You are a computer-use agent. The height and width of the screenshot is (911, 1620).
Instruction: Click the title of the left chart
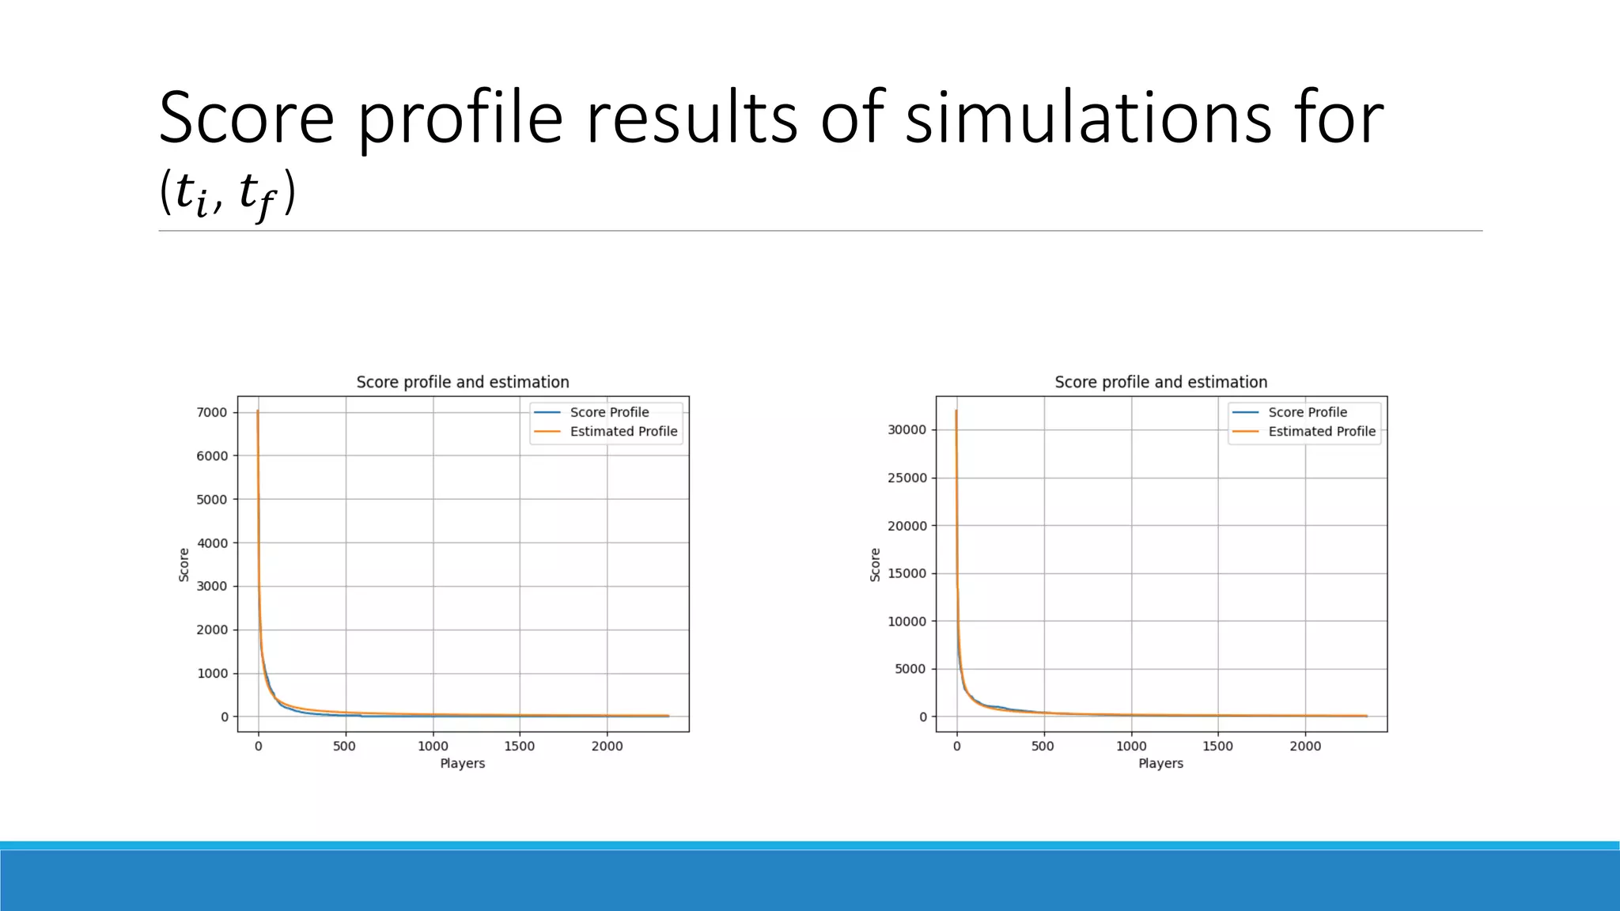click(x=463, y=382)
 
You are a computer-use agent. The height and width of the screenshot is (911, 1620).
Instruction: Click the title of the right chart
click(x=1160, y=382)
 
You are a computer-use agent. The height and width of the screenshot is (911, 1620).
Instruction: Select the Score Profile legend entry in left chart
click(x=609, y=412)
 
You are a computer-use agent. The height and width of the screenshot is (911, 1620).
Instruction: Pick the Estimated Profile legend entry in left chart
click(x=623, y=431)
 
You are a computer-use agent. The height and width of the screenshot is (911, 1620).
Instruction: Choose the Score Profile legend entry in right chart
click(x=1308, y=412)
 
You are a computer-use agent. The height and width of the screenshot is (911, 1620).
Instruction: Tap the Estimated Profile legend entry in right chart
click(x=1322, y=431)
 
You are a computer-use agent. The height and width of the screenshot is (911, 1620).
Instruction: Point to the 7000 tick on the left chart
click(x=212, y=412)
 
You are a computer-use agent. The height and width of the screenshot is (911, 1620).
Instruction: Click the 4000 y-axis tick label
click(x=212, y=543)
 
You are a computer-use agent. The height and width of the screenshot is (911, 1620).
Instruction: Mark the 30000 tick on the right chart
click(x=907, y=429)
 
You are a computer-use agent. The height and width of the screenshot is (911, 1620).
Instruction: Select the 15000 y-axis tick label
click(x=907, y=573)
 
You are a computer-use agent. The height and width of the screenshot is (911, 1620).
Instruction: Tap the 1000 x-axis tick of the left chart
click(x=433, y=746)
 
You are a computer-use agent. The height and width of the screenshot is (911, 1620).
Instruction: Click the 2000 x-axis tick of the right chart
click(x=1305, y=746)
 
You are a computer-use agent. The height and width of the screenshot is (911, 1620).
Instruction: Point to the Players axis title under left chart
click(x=463, y=763)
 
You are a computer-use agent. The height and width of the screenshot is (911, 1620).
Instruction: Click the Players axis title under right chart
click(x=1160, y=763)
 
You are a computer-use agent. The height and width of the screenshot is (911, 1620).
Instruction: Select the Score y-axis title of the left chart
click(x=184, y=565)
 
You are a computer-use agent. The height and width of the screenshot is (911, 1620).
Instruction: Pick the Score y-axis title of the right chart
click(x=875, y=565)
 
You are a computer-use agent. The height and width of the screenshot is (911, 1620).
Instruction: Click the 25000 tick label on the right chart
click(x=907, y=478)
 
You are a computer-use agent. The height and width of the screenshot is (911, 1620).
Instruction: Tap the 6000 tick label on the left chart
click(x=212, y=455)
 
